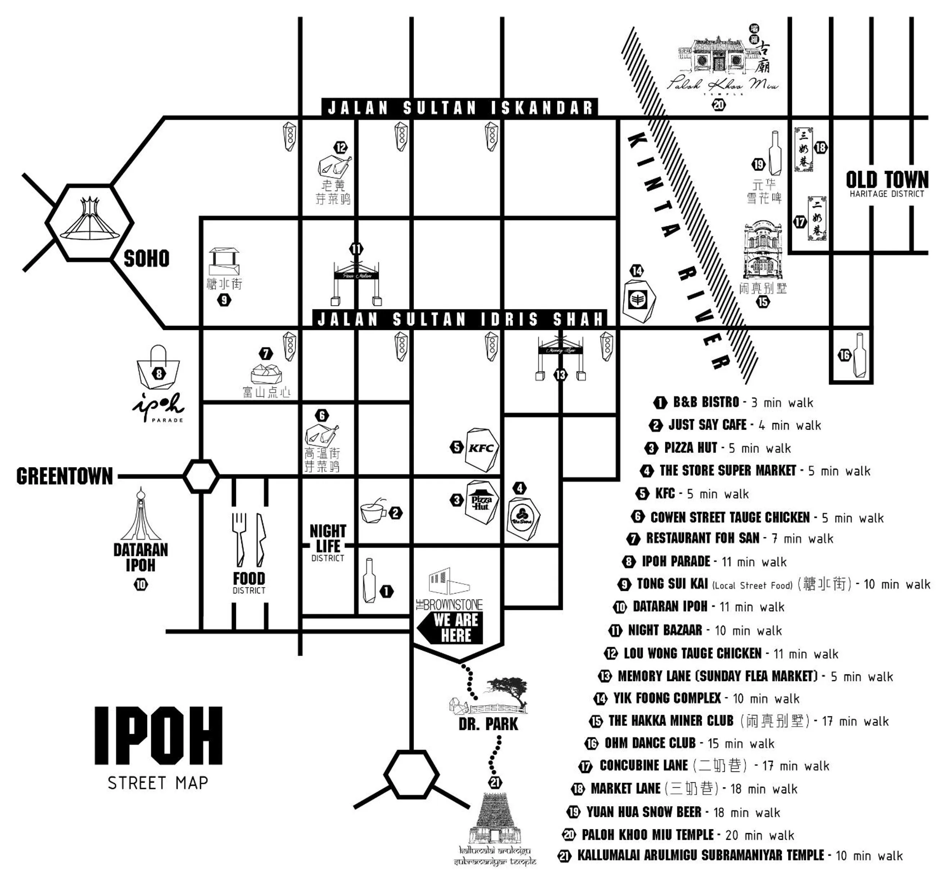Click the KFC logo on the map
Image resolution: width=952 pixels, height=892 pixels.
pyautogui.click(x=481, y=448)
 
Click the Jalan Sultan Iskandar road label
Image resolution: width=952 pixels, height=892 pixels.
pyautogui.click(x=460, y=108)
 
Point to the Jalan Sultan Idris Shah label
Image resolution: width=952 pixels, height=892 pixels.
pyautogui.click(x=460, y=319)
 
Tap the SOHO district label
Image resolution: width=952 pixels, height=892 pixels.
pyautogui.click(x=146, y=259)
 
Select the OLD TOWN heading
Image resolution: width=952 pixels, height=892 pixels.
pyautogui.click(x=887, y=180)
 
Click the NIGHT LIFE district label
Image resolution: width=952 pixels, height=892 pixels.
pyautogui.click(x=328, y=539)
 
